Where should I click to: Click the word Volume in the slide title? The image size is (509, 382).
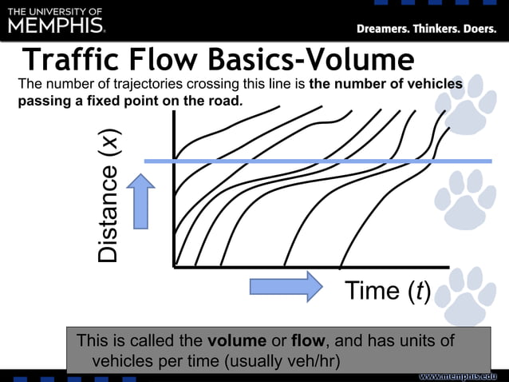pos(362,60)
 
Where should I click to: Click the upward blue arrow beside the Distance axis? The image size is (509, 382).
pos(141,201)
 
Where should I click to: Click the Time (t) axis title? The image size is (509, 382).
pos(388,292)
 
